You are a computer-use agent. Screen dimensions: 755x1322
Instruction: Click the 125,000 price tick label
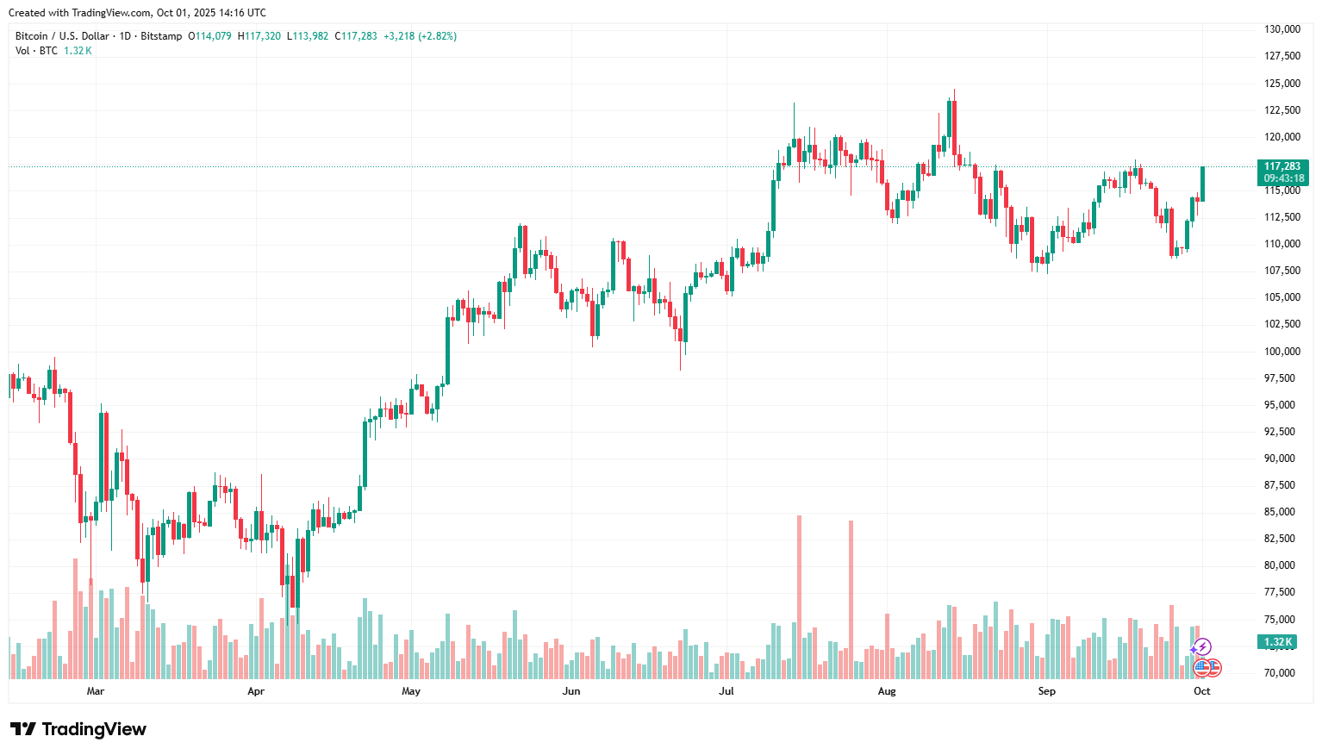(1281, 84)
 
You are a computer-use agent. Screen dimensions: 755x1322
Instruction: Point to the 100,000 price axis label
(1281, 352)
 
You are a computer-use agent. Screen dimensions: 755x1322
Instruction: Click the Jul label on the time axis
(726, 691)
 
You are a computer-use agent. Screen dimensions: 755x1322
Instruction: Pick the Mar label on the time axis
(96, 691)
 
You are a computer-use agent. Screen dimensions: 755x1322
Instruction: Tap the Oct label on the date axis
(1201, 691)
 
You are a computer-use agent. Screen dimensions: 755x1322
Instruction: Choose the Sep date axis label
(1046, 691)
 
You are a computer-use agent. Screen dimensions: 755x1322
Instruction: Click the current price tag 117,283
(1282, 167)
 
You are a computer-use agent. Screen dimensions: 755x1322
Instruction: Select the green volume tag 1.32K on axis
(1278, 642)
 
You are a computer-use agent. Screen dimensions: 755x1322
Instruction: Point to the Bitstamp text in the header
(161, 36)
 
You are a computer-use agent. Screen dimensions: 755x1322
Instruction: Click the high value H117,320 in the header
(259, 36)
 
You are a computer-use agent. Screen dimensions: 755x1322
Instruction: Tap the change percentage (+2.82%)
(438, 36)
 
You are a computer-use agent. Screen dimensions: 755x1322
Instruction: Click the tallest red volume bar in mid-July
(799, 595)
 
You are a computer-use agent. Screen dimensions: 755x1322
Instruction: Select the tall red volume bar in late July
(851, 597)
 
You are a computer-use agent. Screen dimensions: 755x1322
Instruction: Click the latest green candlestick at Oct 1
(1202, 184)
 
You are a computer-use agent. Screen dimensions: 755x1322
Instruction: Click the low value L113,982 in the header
(308, 36)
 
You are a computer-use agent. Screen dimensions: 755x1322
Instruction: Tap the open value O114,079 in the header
(210, 36)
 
